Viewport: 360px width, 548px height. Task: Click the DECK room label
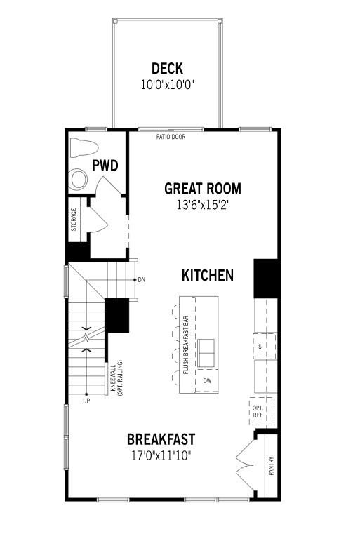coord(167,68)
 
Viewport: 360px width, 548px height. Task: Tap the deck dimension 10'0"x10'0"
coord(167,84)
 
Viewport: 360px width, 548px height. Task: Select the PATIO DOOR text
coord(171,137)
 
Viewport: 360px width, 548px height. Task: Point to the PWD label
coord(105,166)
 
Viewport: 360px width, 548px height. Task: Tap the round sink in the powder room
coord(79,180)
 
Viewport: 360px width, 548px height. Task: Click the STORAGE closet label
coord(74,219)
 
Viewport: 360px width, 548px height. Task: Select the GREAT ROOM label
coord(202,188)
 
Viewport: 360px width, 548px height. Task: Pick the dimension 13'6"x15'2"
coord(202,205)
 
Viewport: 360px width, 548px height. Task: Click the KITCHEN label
coord(207,275)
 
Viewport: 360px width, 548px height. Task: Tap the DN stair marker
coord(141,280)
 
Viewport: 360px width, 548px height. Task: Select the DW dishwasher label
coord(206,381)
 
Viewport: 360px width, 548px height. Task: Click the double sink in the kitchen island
coord(206,352)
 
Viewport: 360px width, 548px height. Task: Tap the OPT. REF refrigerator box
coord(258,412)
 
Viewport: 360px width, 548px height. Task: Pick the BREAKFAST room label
coord(161,439)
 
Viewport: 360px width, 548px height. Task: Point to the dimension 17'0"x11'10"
coord(161,455)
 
